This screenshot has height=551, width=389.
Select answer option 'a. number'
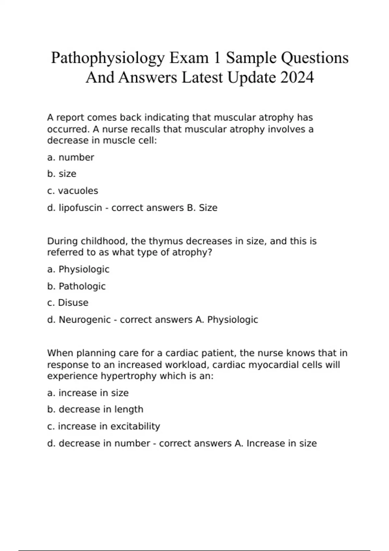click(70, 158)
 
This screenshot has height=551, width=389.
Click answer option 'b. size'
click(62, 174)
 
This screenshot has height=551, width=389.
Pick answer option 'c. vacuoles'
click(72, 191)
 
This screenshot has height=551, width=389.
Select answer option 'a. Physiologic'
click(78, 269)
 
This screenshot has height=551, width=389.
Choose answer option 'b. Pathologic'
click(76, 286)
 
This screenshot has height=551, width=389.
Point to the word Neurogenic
click(85, 320)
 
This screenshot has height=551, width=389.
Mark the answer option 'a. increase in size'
click(88, 393)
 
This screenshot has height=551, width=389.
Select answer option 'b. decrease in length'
click(95, 410)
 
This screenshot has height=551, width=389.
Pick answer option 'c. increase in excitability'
click(103, 427)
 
